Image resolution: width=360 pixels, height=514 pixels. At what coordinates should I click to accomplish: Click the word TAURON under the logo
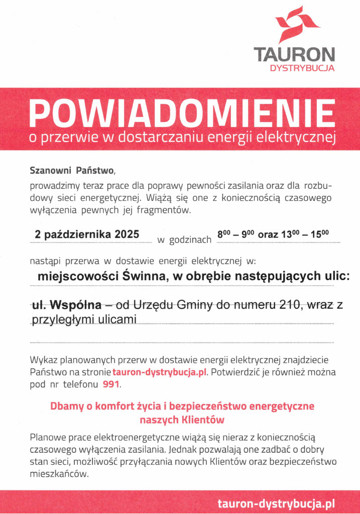click(x=294, y=54)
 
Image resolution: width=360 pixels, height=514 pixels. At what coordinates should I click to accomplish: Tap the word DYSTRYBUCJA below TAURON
click(x=302, y=68)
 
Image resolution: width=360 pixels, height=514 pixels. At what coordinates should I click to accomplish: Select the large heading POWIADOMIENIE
click(x=182, y=113)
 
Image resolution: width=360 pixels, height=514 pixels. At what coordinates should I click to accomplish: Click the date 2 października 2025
click(x=87, y=234)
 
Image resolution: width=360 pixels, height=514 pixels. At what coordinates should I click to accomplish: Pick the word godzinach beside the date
click(x=191, y=240)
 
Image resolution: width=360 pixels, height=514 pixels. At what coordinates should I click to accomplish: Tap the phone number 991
click(x=111, y=385)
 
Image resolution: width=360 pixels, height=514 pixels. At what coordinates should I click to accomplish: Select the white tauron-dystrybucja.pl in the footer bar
click(x=276, y=503)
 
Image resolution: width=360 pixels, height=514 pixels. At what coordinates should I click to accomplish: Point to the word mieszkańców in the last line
click(x=59, y=473)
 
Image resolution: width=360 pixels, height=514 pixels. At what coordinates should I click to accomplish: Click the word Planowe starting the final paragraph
click(x=46, y=437)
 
